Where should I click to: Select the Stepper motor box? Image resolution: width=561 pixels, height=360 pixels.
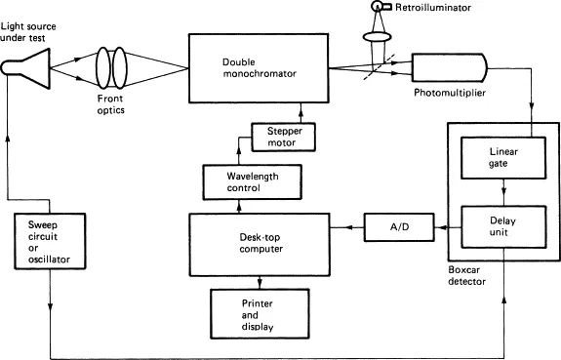coord(283,136)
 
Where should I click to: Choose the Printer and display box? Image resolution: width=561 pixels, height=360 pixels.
coord(257,310)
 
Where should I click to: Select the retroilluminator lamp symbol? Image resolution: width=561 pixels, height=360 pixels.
coord(379,9)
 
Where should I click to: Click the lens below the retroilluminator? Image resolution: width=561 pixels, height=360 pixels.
coord(379,37)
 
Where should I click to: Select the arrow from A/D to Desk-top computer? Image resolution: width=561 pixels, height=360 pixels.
coord(345,228)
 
